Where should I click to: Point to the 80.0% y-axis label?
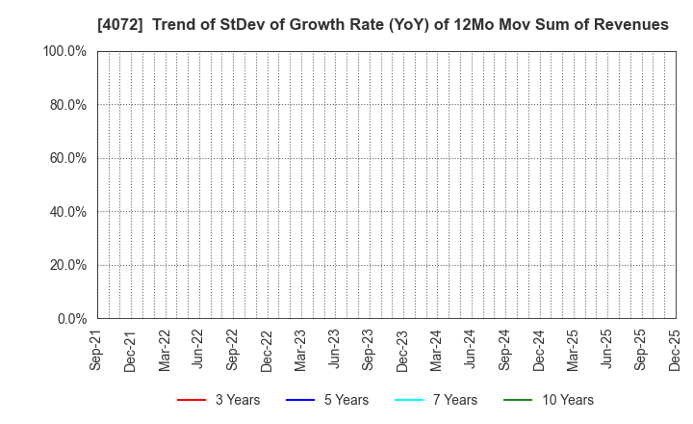pos(65,104)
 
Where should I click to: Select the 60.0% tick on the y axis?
pos(65,158)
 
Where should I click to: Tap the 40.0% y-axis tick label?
pos(65,211)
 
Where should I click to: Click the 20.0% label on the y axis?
pos(65,265)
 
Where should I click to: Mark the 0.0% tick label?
pos(69,318)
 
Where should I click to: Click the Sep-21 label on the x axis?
pos(96,351)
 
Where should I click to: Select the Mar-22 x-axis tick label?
pos(165,351)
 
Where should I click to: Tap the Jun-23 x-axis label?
pos(334,351)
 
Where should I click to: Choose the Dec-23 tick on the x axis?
pos(402,351)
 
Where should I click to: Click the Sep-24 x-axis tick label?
pos(504,351)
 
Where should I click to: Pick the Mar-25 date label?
pos(573,351)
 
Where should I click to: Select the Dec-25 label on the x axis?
pos(675,351)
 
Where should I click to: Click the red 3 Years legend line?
pos(192,400)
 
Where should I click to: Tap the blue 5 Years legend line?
pos(300,400)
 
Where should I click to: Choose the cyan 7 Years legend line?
pos(409,400)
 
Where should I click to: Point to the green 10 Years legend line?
pos(518,400)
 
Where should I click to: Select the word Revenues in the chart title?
pos(630,25)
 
